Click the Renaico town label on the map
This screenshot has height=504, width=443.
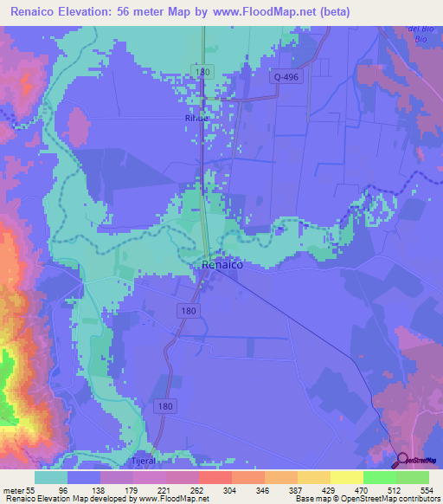point(221,267)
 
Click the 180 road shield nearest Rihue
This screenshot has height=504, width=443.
point(202,72)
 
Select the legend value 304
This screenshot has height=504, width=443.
point(232,490)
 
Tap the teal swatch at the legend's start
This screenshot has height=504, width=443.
point(51,477)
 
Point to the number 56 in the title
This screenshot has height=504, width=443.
point(154,12)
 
